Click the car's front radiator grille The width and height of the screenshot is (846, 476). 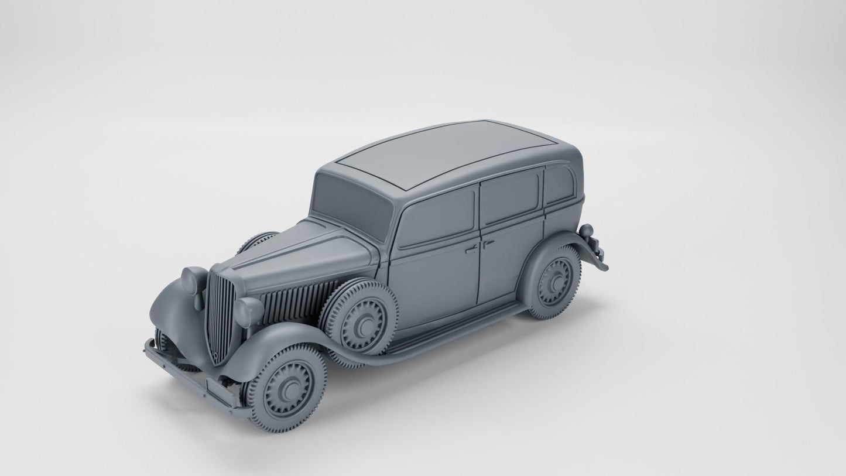(x=219, y=316)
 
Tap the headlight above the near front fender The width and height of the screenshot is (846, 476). (x=248, y=311)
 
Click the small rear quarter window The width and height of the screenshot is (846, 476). (x=559, y=183)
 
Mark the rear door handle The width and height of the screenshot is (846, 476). (x=488, y=242)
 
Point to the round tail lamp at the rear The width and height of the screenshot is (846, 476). (x=587, y=231)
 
